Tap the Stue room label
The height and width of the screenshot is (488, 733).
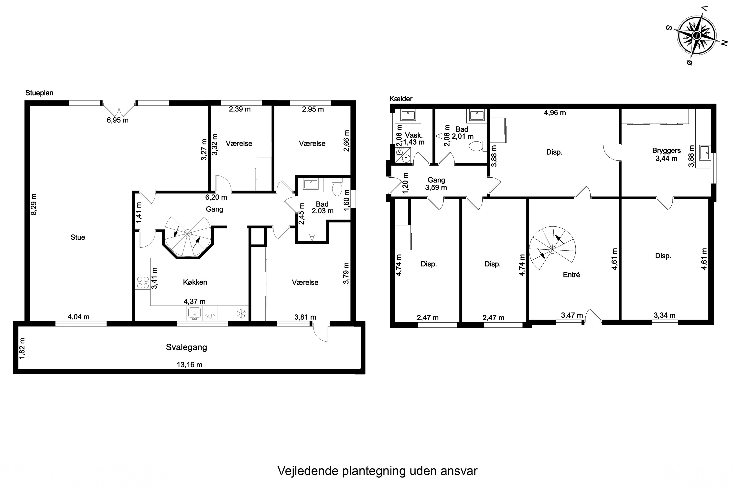[78, 237]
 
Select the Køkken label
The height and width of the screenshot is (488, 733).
[195, 282]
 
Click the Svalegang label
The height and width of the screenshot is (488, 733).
[186, 347]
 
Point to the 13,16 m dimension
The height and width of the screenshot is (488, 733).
[190, 365]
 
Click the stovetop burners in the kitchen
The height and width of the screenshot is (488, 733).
[143, 283]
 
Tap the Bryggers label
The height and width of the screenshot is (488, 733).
[667, 150]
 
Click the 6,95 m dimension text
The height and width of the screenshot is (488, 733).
[118, 120]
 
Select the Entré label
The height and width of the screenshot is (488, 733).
[571, 274]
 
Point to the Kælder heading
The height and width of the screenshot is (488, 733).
[401, 99]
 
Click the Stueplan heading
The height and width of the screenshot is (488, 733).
[39, 93]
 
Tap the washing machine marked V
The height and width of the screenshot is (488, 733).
[399, 152]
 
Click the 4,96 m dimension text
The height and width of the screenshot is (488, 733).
[555, 113]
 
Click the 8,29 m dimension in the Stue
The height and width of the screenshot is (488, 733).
[34, 204]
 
